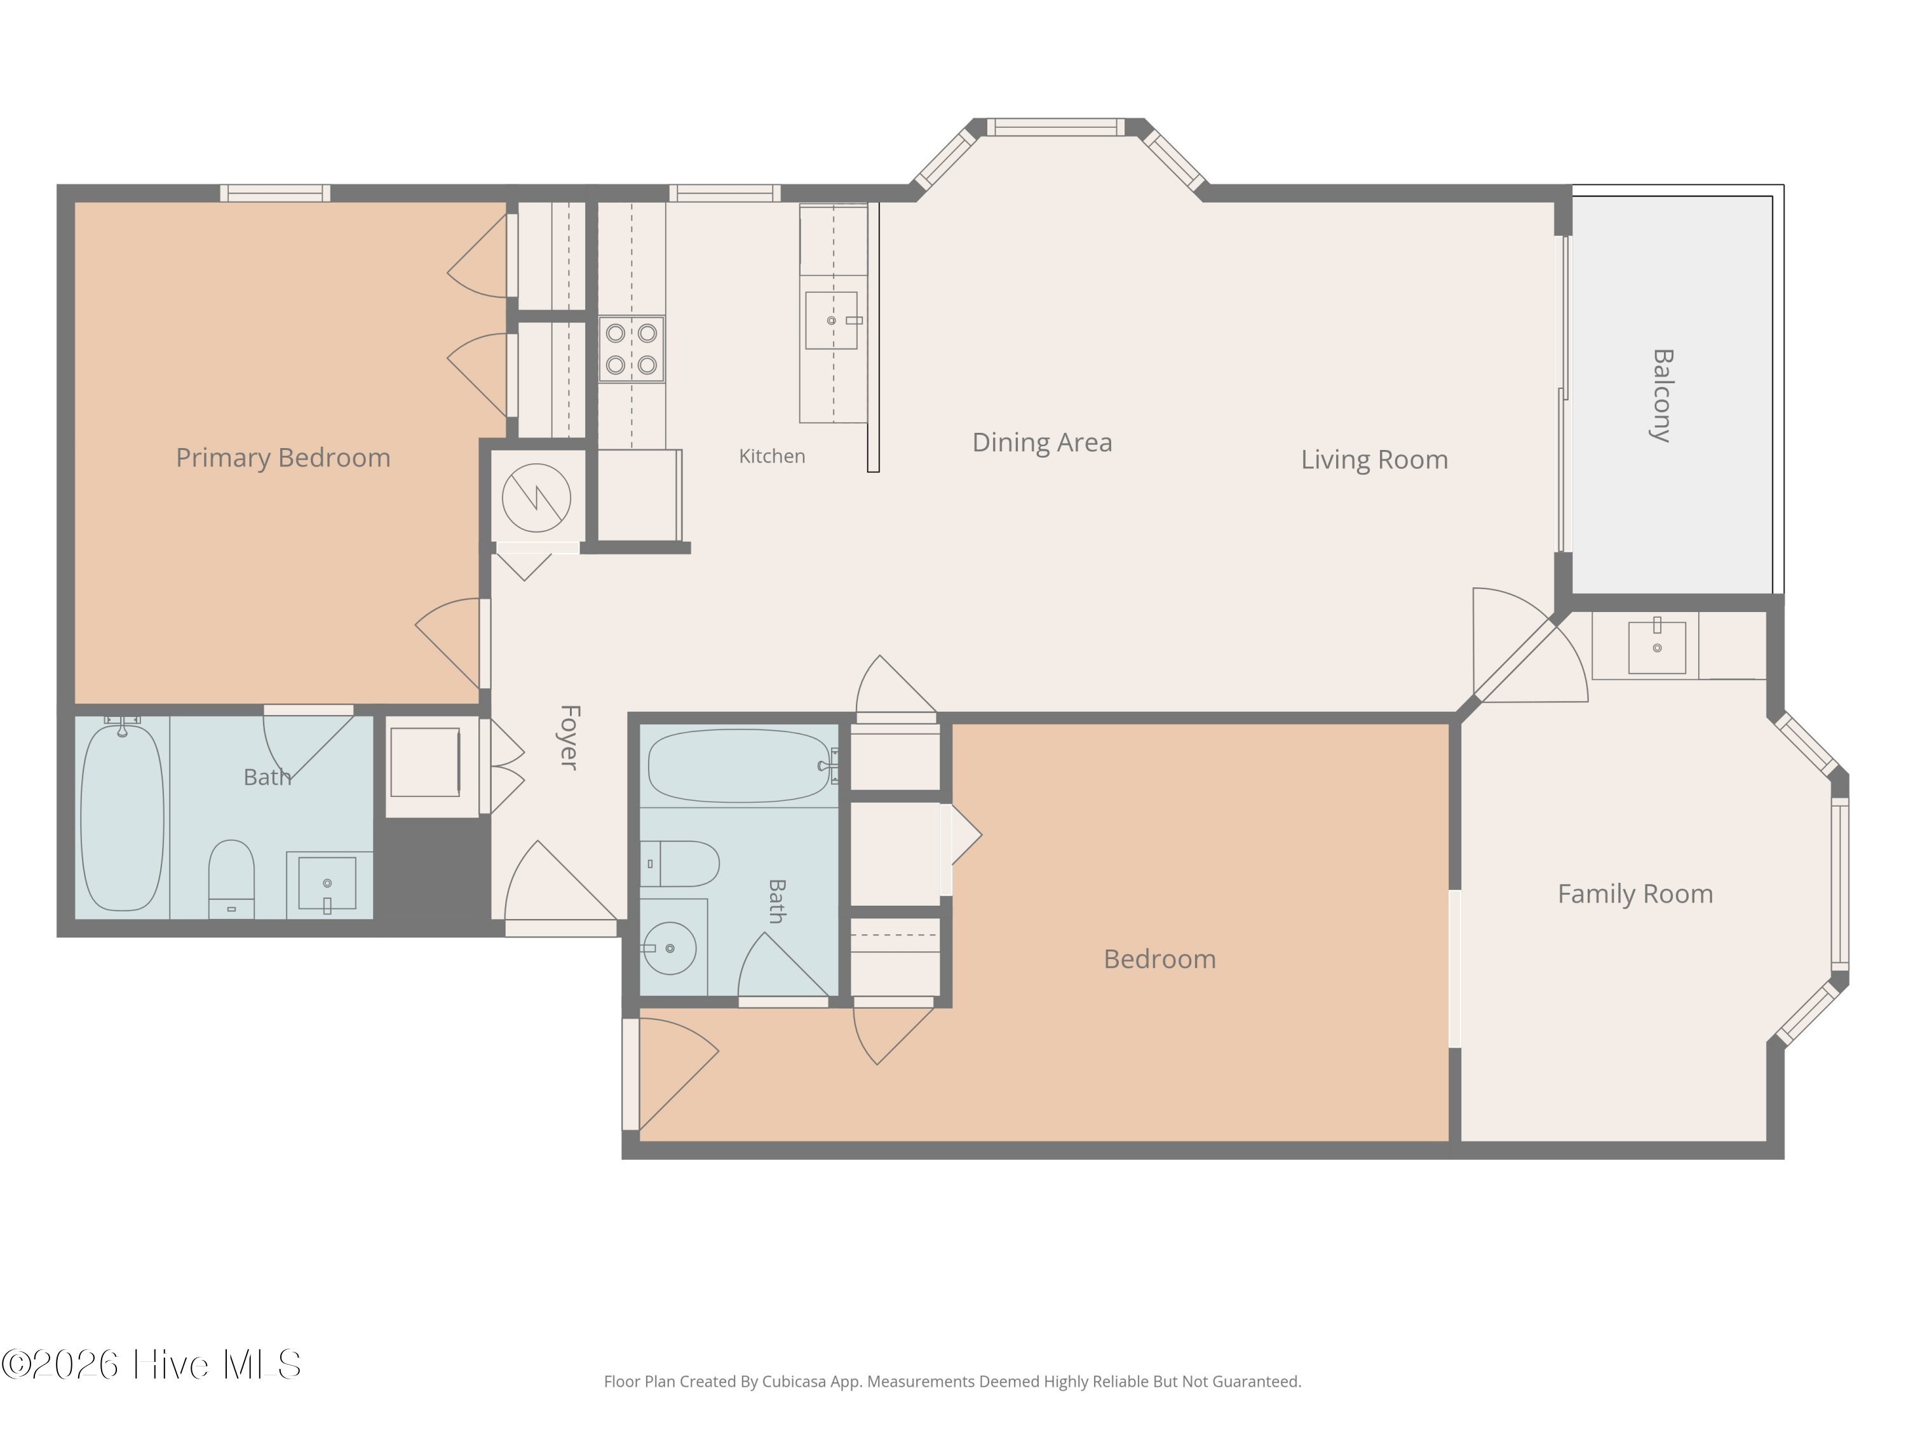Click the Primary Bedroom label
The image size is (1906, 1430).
(x=283, y=458)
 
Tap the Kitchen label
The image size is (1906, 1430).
(x=772, y=456)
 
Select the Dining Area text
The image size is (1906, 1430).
(x=1042, y=442)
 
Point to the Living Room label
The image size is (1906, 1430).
(x=1374, y=460)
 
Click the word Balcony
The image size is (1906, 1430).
(x=1662, y=396)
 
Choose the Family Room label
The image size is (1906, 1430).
(x=1635, y=894)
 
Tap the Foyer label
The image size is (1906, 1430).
(x=569, y=737)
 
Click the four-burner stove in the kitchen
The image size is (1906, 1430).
(x=632, y=349)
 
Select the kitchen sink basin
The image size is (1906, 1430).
(x=832, y=320)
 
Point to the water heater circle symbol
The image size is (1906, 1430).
(x=536, y=498)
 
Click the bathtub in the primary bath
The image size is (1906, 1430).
(x=123, y=817)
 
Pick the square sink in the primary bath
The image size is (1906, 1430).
(x=327, y=883)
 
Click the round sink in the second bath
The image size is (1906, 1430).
(x=670, y=948)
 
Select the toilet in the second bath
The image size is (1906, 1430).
(x=679, y=864)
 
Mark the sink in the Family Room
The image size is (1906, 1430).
(x=1657, y=648)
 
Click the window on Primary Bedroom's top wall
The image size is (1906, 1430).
(x=275, y=193)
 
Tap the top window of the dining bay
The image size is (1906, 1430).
(x=1055, y=126)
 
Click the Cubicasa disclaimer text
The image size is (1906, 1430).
(x=952, y=1382)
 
